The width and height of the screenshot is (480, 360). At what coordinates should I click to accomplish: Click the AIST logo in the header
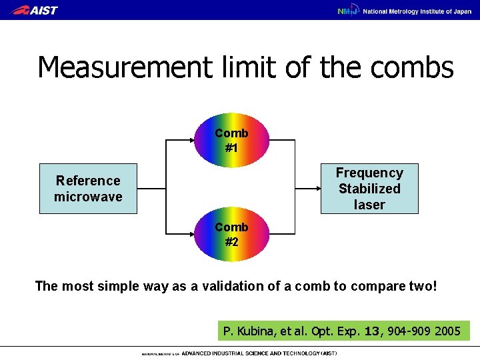35,10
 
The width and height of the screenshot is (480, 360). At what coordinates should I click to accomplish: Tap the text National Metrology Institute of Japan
416,11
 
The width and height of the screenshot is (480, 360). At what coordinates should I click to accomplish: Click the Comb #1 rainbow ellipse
231,141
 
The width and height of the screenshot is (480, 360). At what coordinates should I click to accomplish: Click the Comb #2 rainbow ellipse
231,235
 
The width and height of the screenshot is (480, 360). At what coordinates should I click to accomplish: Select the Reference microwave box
88,189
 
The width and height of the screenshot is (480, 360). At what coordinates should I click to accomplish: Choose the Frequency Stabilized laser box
369,189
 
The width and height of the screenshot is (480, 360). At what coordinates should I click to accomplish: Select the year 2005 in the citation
447,331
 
